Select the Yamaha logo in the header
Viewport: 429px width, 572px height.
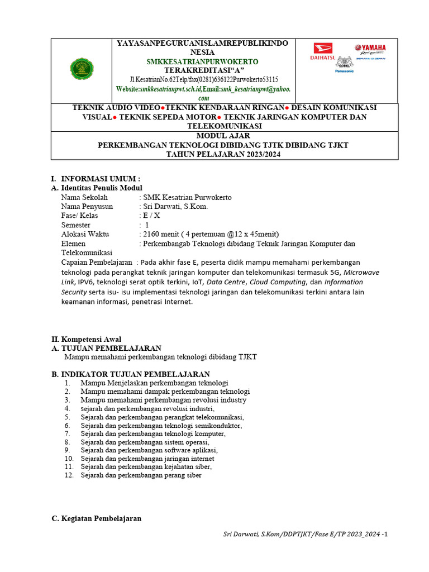coord(370,49)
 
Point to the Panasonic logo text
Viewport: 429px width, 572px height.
coord(344,71)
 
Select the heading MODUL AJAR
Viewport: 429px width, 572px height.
coord(223,136)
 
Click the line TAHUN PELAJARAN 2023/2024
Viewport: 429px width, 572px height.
coord(223,154)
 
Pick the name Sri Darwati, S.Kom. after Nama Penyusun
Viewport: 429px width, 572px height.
coord(175,206)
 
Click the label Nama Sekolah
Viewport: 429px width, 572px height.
coord(84,197)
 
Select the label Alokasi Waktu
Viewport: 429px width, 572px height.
coord(85,234)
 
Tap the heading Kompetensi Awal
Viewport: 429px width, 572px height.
coord(91,339)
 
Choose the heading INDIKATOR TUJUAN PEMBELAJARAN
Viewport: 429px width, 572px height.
coord(135,374)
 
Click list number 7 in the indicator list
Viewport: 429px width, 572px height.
coord(67,433)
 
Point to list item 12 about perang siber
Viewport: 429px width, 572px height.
coord(141,475)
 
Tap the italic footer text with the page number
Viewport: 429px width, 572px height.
coord(305,535)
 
